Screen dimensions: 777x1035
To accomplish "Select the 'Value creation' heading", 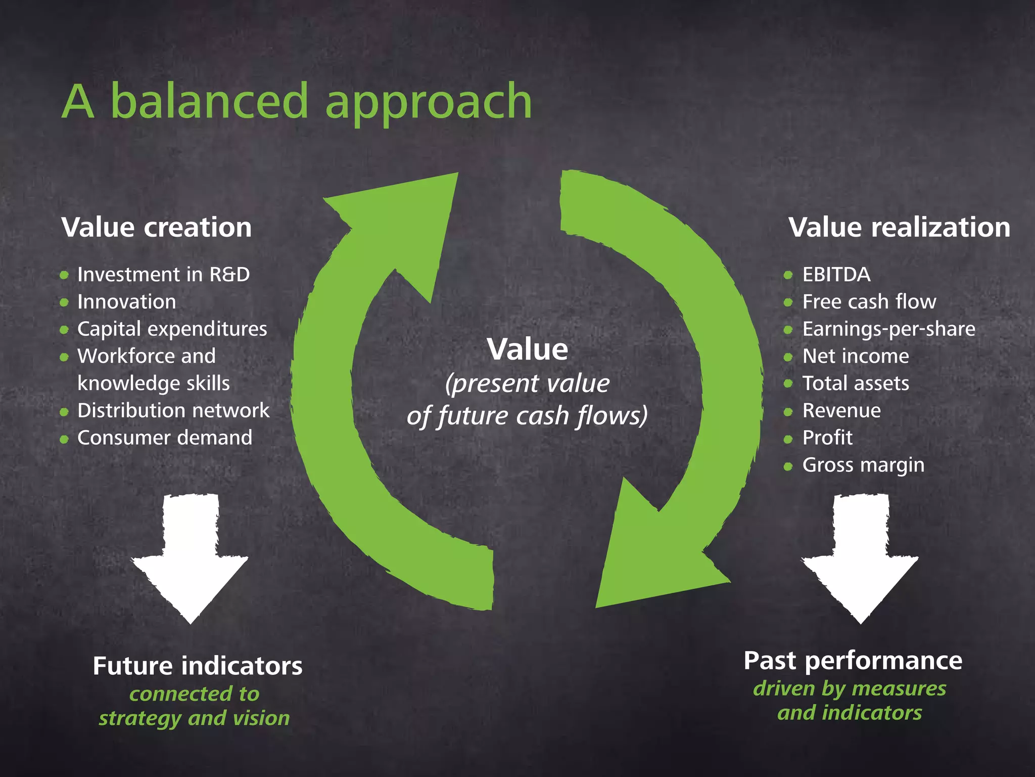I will [157, 227].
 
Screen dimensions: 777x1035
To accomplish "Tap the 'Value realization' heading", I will [900, 227].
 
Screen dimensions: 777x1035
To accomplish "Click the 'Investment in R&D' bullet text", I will [163, 275].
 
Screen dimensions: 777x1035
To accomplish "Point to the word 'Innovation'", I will [127, 302].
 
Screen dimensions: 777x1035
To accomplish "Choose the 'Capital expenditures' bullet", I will [172, 329].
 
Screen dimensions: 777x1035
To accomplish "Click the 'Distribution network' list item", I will [173, 411].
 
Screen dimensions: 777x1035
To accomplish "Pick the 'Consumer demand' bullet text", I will [165, 438].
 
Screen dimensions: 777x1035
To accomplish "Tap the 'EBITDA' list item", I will [836, 275].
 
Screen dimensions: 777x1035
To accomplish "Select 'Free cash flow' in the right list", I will [869, 302].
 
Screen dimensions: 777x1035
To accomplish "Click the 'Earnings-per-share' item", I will [889, 329].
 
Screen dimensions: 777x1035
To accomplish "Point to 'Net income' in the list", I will [856, 357].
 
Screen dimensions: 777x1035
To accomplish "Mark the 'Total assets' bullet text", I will [856, 383].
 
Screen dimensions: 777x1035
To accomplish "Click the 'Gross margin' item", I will [863, 465].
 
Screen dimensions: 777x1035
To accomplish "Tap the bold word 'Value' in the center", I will [528, 350].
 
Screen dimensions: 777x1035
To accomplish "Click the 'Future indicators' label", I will [198, 666].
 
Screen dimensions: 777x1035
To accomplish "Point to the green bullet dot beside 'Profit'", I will [788, 439].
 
